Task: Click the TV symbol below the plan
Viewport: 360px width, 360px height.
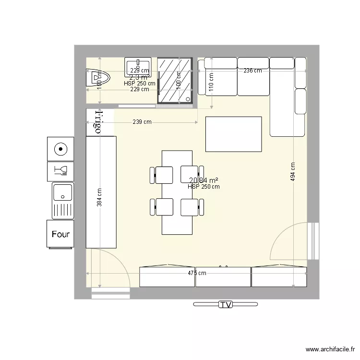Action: click(x=225, y=304)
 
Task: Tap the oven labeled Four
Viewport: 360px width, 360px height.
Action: click(x=60, y=234)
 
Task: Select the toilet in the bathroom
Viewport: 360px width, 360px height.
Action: click(x=98, y=78)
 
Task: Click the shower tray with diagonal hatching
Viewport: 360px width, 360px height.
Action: click(x=177, y=80)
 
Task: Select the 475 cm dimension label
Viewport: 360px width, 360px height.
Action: click(x=197, y=273)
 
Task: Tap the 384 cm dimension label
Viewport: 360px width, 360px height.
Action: click(x=99, y=196)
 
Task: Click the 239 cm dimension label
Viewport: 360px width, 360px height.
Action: click(x=142, y=122)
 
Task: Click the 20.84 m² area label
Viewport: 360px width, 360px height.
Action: click(x=204, y=180)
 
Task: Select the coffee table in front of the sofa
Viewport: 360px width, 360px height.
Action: click(x=233, y=133)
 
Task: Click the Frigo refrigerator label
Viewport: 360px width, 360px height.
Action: click(x=98, y=122)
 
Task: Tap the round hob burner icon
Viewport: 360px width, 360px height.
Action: click(x=60, y=149)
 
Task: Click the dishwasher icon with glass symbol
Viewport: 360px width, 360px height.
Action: click(x=61, y=170)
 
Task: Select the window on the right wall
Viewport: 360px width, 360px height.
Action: click(x=314, y=240)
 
